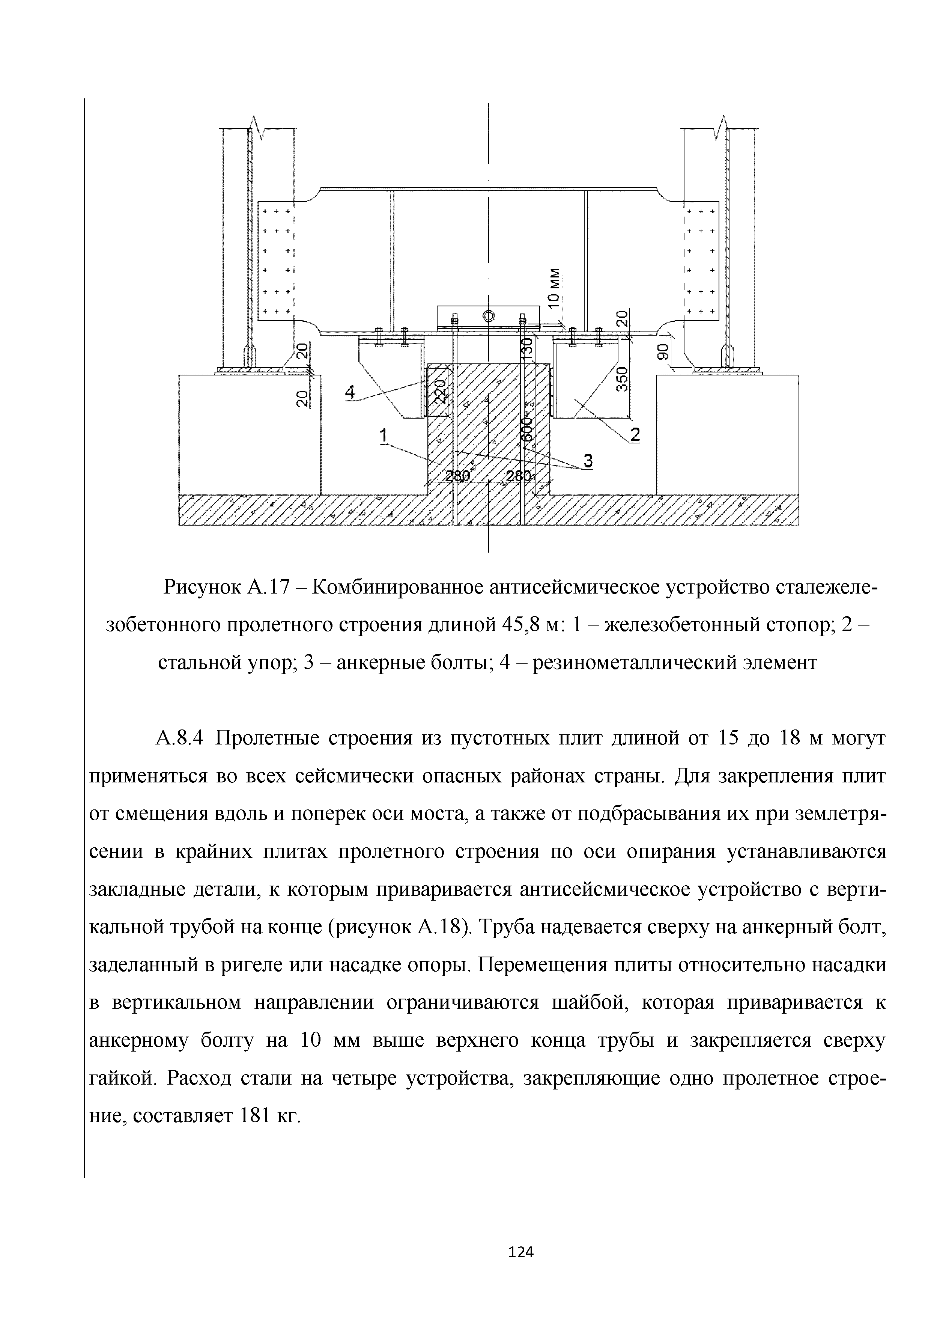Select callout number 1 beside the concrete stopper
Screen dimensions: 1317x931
[384, 437]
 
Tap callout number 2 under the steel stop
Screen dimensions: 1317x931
[634, 435]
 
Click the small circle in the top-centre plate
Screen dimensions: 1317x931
[489, 315]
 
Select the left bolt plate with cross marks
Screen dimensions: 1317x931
[276, 261]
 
